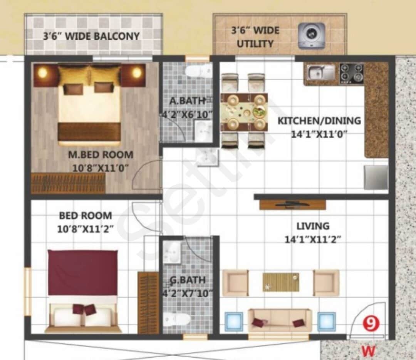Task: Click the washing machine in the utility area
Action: pyautogui.click(x=311, y=36)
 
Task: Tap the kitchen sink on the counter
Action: pyautogui.click(x=320, y=72)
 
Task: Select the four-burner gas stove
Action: pyautogui.click(x=351, y=73)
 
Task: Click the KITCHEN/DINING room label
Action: pyautogui.click(x=319, y=121)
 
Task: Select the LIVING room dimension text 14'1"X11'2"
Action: pyautogui.click(x=313, y=239)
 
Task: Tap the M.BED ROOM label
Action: pyautogui.click(x=101, y=155)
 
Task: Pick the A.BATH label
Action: pyautogui.click(x=188, y=101)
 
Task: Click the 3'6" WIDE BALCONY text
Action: pyautogui.click(x=91, y=36)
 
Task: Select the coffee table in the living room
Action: pyautogui.click(x=281, y=282)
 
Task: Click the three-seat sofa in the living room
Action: pyautogui.click(x=280, y=320)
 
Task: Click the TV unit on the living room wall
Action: pyautogui.click(x=292, y=204)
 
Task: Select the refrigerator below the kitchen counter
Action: pyautogui.click(x=376, y=177)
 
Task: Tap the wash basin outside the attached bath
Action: pyautogui.click(x=207, y=157)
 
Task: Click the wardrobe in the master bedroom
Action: pyautogui.click(x=68, y=183)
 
